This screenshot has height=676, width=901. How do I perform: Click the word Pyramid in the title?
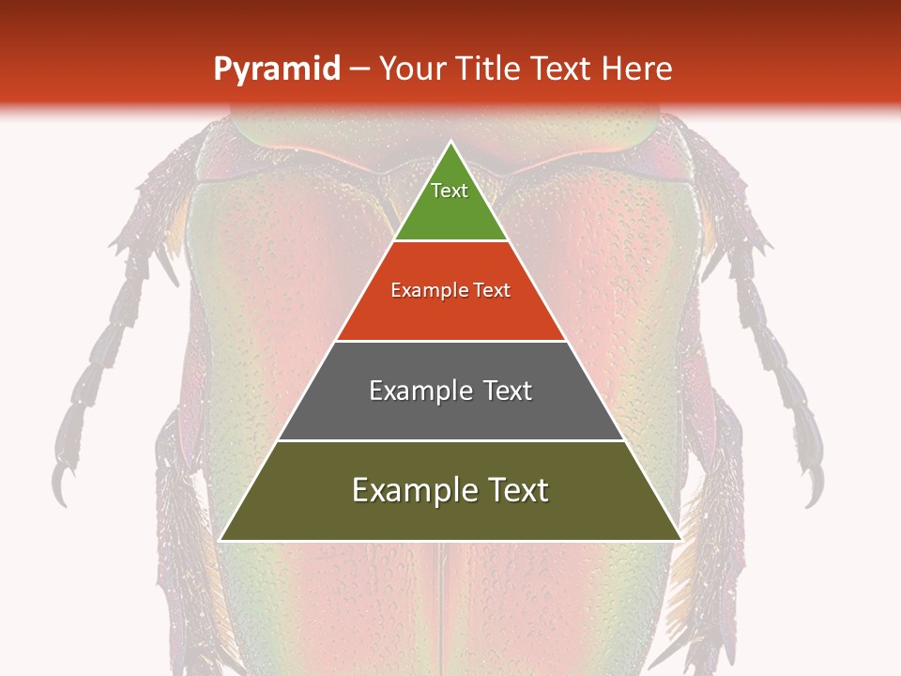click(277, 69)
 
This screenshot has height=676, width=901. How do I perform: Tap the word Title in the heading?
click(489, 69)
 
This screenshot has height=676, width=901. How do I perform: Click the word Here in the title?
click(637, 69)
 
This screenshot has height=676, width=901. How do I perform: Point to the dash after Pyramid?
click(359, 69)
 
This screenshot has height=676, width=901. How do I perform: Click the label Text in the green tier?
click(450, 191)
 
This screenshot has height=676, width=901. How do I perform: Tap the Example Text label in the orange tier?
click(450, 290)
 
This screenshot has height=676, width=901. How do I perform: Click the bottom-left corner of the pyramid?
click(221, 540)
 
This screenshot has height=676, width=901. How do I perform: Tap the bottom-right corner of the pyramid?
click(680, 540)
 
